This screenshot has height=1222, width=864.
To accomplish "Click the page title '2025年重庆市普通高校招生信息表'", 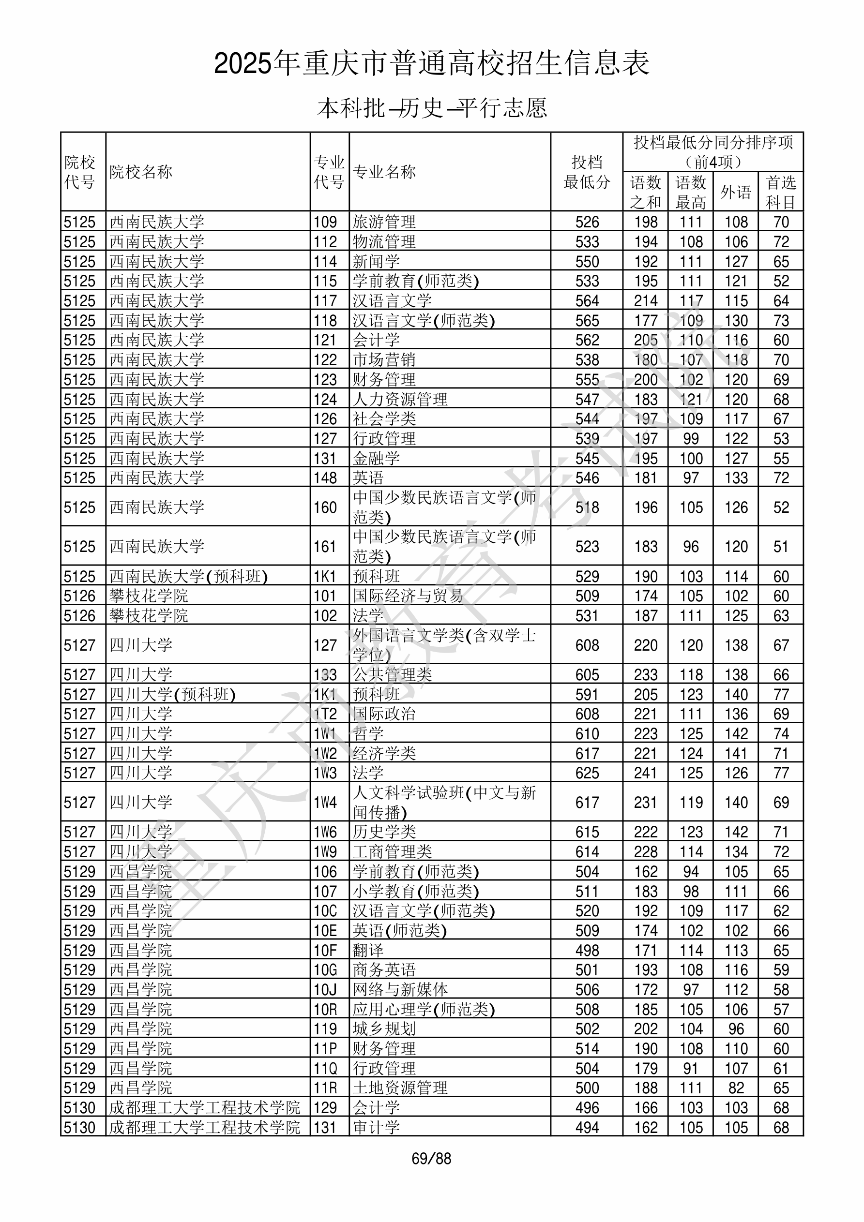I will coord(431,63).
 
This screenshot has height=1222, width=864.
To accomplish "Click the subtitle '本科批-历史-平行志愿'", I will coord(431,108).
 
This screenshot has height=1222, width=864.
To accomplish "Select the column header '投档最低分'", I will coord(587,172).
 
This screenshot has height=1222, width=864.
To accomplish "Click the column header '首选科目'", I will coord(780,192).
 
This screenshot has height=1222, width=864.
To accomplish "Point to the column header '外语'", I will coord(736,192).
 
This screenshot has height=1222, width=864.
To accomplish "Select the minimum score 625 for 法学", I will coord(587,773).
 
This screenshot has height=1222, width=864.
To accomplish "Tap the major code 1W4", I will coord(325,802).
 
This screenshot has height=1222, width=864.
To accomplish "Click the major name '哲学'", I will coord(368,733).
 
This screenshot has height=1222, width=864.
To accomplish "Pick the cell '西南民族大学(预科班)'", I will coord(189,576).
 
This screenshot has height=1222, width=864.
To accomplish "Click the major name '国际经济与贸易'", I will coord(408,596).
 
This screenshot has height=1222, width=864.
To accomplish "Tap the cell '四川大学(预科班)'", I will coord(173,695).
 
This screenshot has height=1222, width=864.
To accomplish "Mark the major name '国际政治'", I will coord(384,714).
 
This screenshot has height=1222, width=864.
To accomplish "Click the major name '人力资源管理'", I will coord(400,399).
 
